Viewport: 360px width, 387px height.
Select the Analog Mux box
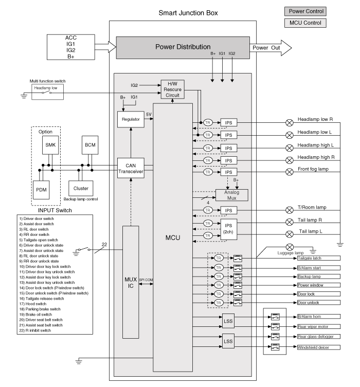[x=231, y=195]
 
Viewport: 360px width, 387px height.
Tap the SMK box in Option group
[x=50, y=145]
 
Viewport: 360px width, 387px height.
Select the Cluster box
[x=81, y=188]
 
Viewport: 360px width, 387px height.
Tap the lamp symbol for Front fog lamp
[x=289, y=172]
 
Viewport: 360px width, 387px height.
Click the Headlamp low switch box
[x=47, y=88]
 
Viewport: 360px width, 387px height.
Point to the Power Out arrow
[x=271, y=48]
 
